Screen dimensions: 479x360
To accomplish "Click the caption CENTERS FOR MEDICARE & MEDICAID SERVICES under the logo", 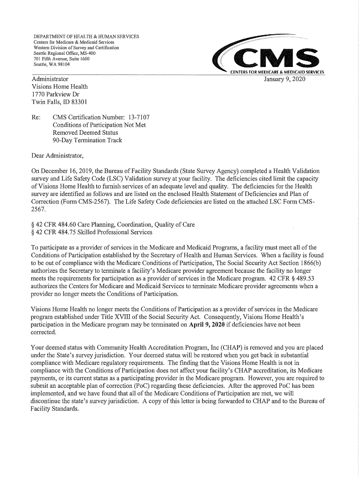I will coord(278,72).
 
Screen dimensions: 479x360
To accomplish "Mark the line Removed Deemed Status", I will coord(85,132).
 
